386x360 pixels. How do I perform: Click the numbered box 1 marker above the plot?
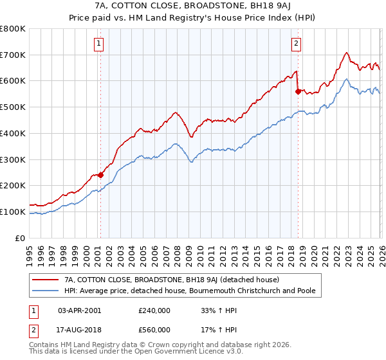(x=100, y=44)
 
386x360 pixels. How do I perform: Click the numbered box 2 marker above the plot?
(x=296, y=44)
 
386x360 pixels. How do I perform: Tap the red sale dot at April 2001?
(x=100, y=175)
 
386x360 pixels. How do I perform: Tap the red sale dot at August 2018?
(x=298, y=91)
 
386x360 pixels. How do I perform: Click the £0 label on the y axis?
(x=19, y=238)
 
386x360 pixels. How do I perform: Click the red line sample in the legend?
(x=46, y=280)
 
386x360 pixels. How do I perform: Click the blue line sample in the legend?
(x=46, y=291)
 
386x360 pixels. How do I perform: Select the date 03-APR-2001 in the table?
(x=79, y=309)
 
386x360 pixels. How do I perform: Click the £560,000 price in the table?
(x=154, y=330)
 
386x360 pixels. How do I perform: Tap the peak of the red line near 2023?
(x=346, y=53)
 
